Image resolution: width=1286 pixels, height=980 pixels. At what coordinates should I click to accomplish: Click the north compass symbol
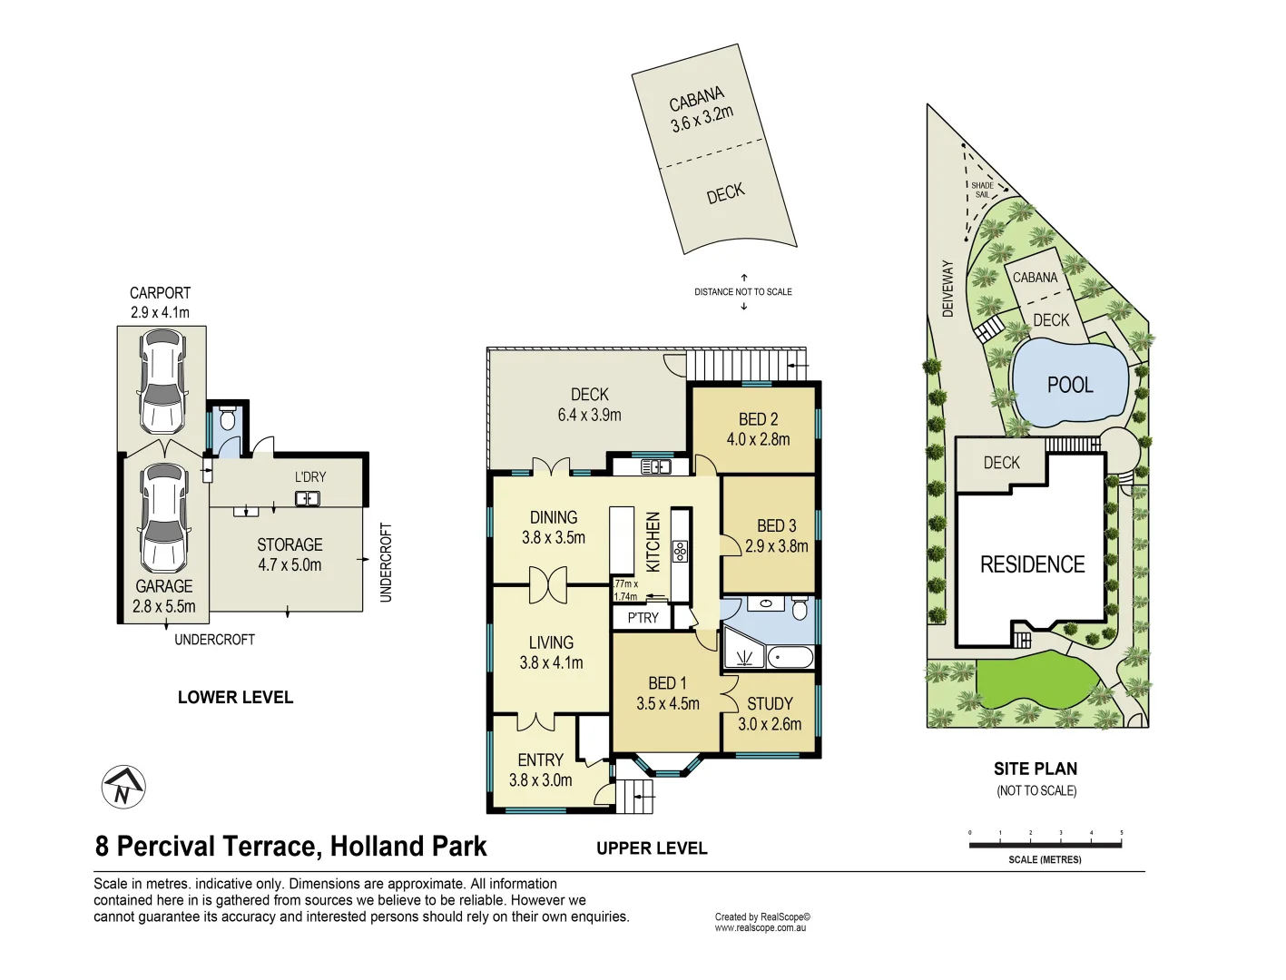123,787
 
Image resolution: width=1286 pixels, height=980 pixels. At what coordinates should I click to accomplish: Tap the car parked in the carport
162,380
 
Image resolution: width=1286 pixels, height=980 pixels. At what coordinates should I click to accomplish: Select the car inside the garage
164,517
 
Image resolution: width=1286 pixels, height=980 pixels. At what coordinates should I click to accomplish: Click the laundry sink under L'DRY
307,498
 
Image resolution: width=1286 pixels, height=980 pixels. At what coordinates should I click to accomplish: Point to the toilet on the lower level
227,419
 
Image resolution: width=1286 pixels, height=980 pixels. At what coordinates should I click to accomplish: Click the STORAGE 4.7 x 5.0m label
290,554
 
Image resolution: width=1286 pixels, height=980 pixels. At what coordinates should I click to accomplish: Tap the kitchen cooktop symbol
680,551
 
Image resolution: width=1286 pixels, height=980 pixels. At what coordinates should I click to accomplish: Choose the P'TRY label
643,618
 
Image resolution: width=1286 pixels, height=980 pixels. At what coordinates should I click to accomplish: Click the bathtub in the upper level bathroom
790,657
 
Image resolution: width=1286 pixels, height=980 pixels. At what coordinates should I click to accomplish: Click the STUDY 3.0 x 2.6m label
770,714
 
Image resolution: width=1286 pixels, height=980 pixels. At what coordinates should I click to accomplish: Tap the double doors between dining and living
547,585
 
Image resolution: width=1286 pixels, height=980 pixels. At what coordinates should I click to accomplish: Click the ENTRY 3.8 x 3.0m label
540,769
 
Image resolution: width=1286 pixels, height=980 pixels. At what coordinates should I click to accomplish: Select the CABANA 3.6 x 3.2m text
700,109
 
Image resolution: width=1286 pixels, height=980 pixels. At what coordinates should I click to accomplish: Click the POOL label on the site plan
1070,385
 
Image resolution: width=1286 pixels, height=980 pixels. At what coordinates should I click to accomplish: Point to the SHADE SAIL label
982,190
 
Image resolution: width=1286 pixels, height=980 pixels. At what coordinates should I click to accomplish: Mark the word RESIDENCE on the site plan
1032,564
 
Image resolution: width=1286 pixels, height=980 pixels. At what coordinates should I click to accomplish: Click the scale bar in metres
1045,845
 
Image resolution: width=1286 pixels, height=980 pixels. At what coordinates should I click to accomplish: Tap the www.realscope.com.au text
760,928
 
